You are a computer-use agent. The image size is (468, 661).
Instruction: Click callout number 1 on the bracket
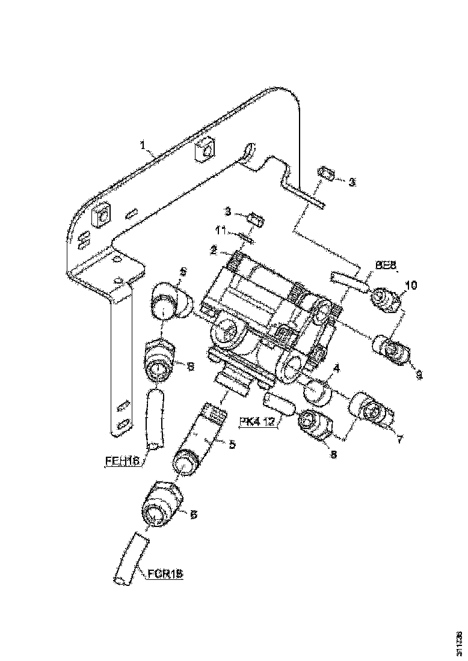143,145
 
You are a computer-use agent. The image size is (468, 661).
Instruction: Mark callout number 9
419,374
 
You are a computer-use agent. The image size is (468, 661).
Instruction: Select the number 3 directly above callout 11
228,211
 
